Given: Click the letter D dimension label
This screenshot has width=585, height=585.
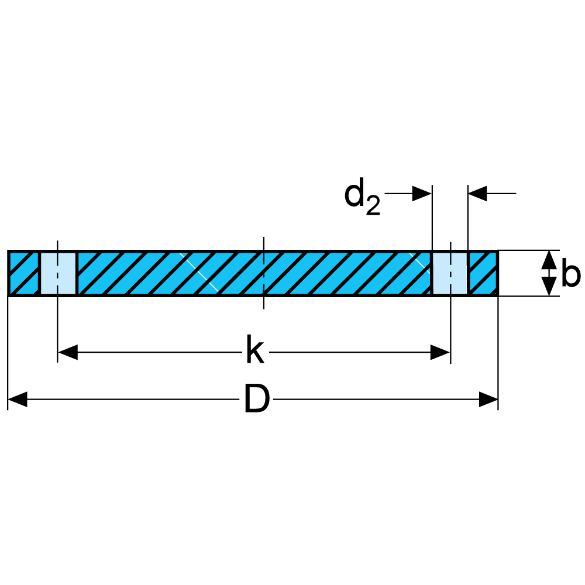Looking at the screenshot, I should pyautogui.click(x=256, y=400).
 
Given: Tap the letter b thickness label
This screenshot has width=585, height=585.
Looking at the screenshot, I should pyautogui.click(x=570, y=274).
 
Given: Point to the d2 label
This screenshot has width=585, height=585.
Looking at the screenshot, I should pyautogui.click(x=362, y=197).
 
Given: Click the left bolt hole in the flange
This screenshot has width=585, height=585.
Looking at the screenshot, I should pyautogui.click(x=58, y=274).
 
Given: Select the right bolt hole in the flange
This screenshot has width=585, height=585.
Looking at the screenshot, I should pyautogui.click(x=450, y=274).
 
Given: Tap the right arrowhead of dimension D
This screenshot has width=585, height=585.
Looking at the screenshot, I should pyautogui.click(x=488, y=400).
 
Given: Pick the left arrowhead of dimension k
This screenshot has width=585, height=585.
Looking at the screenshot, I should pyautogui.click(x=68, y=352).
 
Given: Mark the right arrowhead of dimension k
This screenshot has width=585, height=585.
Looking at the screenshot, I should pyautogui.click(x=441, y=352).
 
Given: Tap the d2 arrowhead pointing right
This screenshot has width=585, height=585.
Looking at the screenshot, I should pyautogui.click(x=422, y=193).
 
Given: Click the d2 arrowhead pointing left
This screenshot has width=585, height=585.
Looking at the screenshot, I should pyautogui.click(x=478, y=193).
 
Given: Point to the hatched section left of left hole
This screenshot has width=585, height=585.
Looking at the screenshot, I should pyautogui.click(x=23, y=274).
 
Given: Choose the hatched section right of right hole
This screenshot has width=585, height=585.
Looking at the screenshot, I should pyautogui.click(x=483, y=274).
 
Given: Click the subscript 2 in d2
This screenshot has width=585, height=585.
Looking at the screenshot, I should pyautogui.click(x=373, y=206).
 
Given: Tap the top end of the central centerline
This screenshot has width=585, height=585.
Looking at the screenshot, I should pyautogui.click(x=264, y=239).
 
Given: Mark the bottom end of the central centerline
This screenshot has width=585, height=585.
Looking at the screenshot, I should pyautogui.click(x=264, y=308).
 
